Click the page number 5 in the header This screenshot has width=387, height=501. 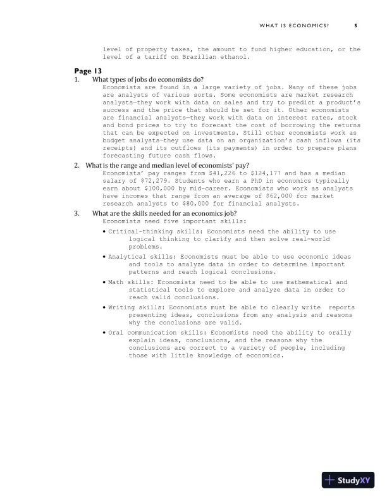click(x=355, y=25)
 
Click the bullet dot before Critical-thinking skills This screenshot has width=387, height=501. click(x=104, y=232)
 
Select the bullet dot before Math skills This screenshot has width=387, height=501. click(x=104, y=281)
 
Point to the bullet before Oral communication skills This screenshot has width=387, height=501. click(x=104, y=331)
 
